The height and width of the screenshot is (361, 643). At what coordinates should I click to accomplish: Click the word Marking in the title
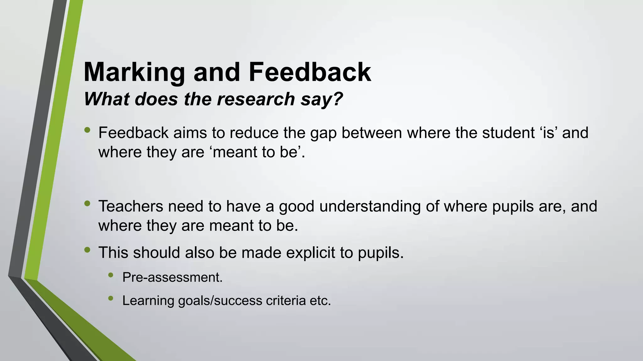134,72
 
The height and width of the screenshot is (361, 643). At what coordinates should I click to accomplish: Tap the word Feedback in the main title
310,72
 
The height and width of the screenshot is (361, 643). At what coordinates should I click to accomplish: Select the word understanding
370,207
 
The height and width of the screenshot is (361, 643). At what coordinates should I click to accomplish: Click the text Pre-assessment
172,277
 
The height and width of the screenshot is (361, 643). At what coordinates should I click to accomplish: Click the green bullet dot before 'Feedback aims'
87,130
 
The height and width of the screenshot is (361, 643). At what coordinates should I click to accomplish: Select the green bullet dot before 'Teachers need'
87,204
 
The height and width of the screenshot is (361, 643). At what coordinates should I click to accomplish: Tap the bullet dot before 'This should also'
87,250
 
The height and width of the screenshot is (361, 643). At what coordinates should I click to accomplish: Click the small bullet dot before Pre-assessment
111,275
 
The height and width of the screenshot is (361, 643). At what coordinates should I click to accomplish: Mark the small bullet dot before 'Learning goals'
111,298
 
